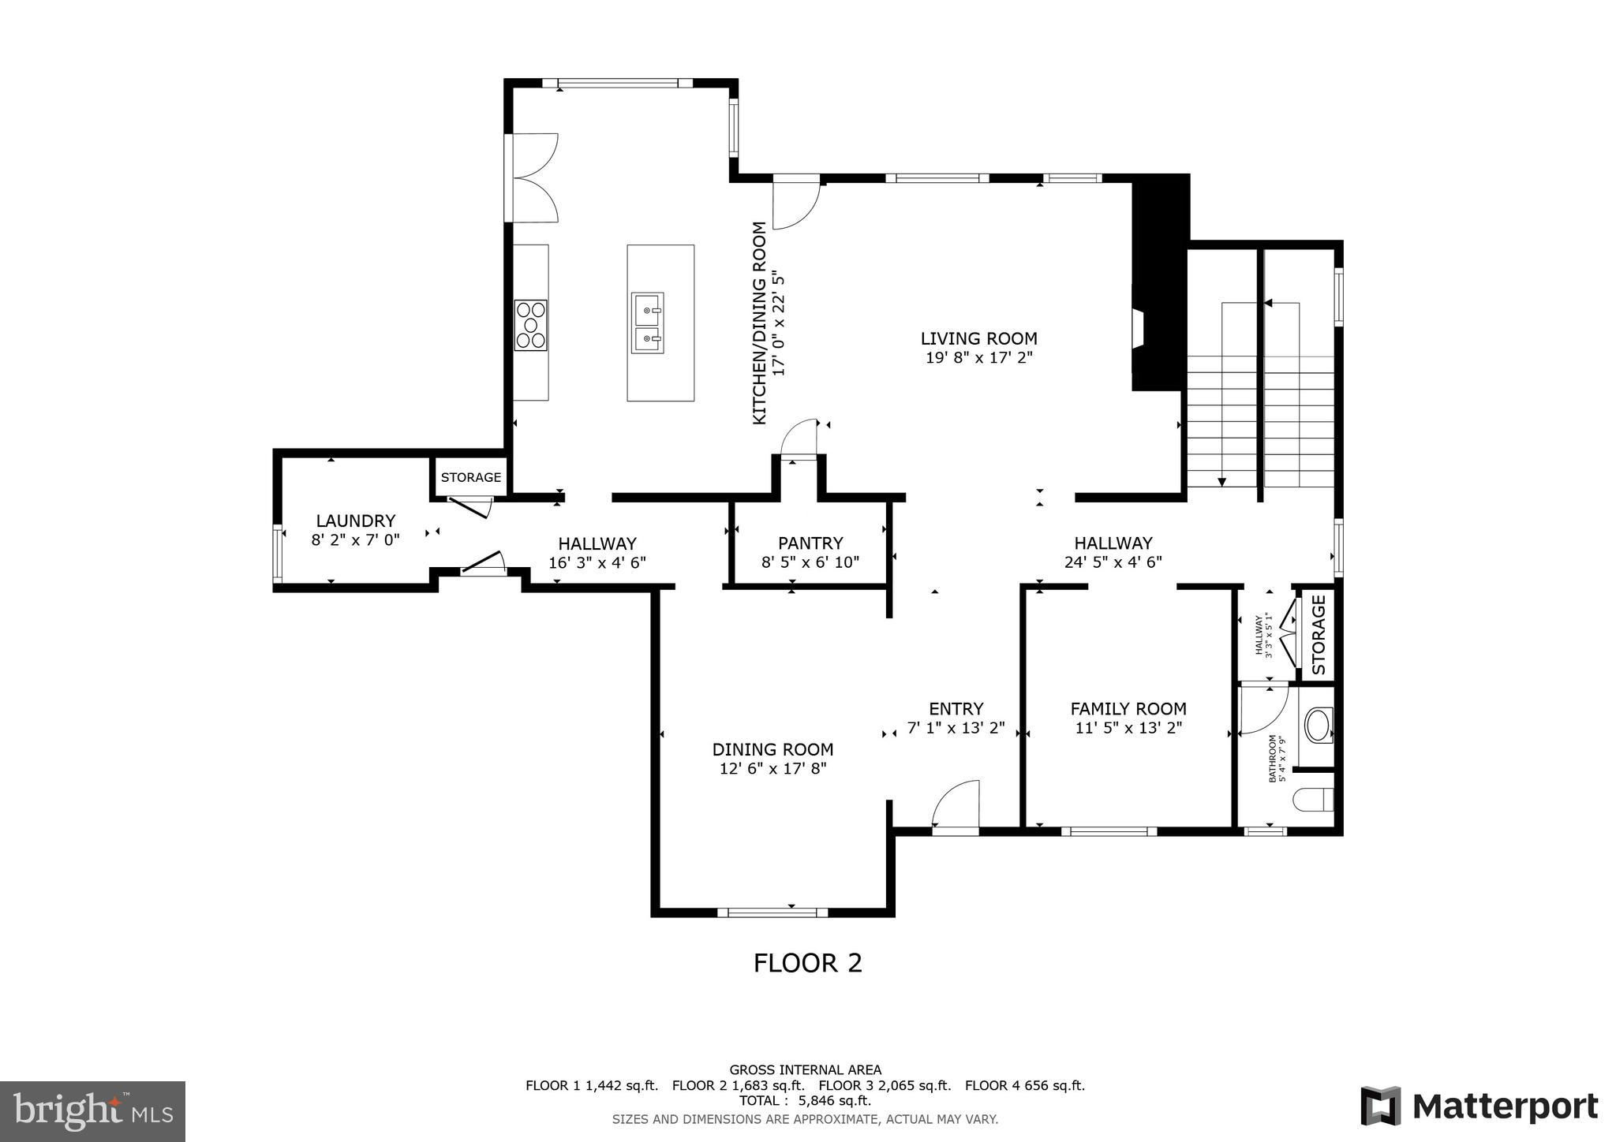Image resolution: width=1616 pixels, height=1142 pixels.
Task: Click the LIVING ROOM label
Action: pyautogui.click(x=978, y=338)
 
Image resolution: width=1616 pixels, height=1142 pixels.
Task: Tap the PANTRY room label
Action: pyautogui.click(x=810, y=543)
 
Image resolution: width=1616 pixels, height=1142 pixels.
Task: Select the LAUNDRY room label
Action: pyautogui.click(x=355, y=521)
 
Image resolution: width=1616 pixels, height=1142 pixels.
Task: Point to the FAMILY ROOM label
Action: pyautogui.click(x=1128, y=709)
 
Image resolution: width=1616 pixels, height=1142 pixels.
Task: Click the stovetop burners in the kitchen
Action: pyautogui.click(x=531, y=325)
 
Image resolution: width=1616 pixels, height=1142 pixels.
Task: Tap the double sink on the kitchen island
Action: pyautogui.click(x=647, y=323)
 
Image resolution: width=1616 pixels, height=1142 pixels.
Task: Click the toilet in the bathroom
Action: pyautogui.click(x=1314, y=800)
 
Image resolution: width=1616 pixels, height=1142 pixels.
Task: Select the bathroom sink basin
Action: pyautogui.click(x=1318, y=726)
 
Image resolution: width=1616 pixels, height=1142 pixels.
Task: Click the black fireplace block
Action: pyautogui.click(x=1160, y=282)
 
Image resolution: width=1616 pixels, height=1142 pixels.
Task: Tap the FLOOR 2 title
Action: pyautogui.click(x=808, y=963)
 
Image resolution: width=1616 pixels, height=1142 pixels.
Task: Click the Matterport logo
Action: pyautogui.click(x=1479, y=1107)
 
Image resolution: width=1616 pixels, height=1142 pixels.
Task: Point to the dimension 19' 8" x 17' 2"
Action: pyautogui.click(x=978, y=357)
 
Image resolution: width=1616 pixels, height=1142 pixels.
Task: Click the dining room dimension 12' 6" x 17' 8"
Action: pyautogui.click(x=773, y=768)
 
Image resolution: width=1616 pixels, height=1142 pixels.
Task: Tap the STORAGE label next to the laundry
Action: pyautogui.click(x=471, y=477)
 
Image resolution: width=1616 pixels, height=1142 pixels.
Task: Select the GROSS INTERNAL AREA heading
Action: pyautogui.click(x=806, y=1070)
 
